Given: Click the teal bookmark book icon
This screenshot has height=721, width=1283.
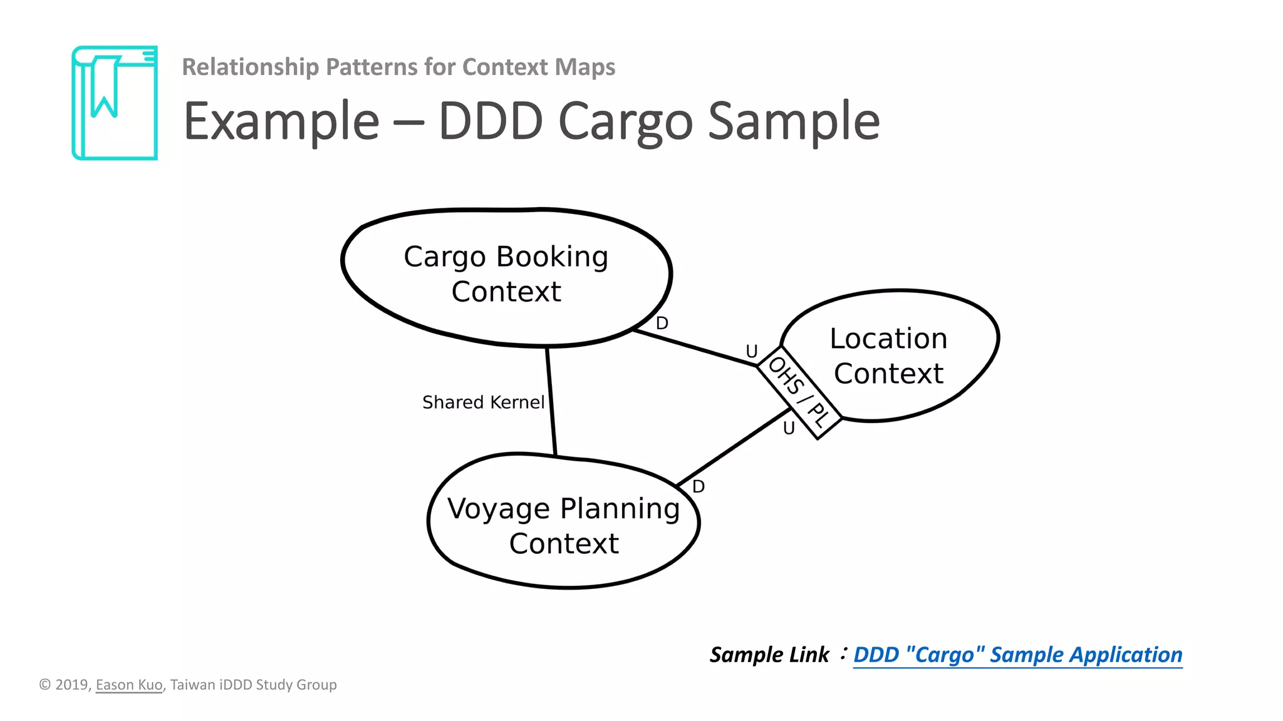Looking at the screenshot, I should point(115,103).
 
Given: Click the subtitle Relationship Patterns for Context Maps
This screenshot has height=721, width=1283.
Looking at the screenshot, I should point(398,67).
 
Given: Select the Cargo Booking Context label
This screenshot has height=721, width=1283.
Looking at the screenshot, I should point(506,274).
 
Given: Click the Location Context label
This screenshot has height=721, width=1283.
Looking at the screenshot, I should point(888,355).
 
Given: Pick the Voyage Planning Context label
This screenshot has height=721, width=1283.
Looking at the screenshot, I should point(564,526).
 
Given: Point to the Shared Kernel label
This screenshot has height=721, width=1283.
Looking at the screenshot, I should point(483,402).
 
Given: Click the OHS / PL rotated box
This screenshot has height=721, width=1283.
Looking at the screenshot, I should point(799,392).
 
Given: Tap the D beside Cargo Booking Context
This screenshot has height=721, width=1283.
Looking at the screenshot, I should point(662,324).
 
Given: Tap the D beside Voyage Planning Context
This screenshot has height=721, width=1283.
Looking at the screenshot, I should point(699,486).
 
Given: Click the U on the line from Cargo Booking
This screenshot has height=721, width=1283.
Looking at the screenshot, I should point(752,351).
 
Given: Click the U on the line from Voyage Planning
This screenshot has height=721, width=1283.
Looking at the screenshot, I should point(789,428).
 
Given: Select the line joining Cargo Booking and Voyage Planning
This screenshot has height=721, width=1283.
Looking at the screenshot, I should point(551,401).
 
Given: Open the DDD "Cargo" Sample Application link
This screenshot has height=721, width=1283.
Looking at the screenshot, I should point(1017,655).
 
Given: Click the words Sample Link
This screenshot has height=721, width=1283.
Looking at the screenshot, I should point(769,655).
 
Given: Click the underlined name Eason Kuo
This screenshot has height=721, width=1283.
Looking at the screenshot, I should point(129,685).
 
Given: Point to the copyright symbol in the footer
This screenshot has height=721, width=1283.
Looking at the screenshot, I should point(45,685).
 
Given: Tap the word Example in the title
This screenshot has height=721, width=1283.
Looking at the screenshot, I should point(281,122).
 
